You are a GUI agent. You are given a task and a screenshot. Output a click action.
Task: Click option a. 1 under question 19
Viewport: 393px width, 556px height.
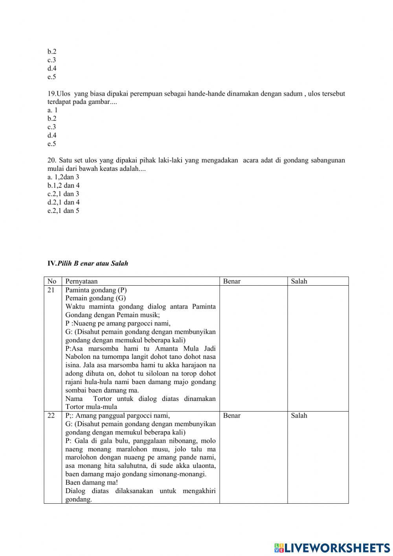52,110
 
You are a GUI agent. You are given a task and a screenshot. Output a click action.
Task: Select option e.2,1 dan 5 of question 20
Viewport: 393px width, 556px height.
63,211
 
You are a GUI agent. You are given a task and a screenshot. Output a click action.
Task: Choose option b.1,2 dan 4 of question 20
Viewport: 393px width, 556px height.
63,185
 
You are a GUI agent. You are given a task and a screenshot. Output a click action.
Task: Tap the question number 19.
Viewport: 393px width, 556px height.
51,94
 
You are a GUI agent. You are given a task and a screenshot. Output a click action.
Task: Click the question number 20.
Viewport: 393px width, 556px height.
52,160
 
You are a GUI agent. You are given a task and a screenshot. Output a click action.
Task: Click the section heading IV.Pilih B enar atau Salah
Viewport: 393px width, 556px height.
88,263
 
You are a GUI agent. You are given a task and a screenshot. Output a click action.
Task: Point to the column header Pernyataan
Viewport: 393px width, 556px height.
81,281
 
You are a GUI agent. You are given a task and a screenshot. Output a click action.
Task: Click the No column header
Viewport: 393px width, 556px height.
52,281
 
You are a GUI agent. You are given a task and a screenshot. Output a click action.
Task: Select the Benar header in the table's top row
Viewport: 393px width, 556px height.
231,281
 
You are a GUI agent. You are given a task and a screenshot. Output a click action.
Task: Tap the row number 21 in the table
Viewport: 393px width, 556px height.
51,290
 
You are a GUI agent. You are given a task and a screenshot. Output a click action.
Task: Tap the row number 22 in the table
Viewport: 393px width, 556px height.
51,416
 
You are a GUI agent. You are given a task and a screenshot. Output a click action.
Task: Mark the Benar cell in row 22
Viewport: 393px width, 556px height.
231,416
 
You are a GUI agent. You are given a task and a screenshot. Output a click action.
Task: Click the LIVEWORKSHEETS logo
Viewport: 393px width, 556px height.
332,547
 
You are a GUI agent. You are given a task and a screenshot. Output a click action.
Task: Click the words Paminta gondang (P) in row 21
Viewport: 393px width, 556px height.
96,290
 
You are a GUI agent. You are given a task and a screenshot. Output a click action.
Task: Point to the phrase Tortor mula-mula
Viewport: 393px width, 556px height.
91,407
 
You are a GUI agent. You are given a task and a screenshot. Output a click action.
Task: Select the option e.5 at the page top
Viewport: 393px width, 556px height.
52,77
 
